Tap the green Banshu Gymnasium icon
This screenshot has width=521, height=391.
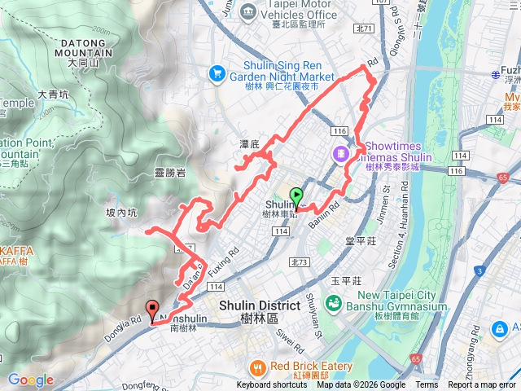[x=333, y=304]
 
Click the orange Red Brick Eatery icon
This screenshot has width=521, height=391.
[x=258, y=367]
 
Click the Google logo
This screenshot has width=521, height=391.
[x=30, y=380]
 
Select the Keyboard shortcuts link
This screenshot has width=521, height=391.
[x=272, y=385]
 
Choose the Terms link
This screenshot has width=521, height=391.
[x=427, y=385]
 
